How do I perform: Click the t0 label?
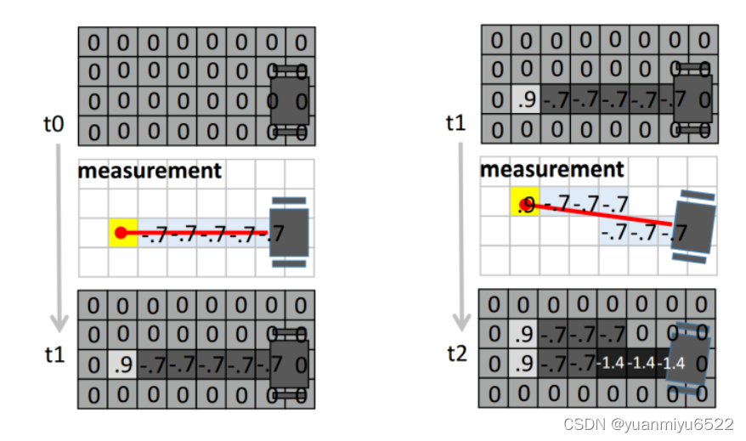[53, 124]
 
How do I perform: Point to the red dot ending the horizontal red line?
[122, 233]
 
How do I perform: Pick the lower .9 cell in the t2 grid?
[524, 364]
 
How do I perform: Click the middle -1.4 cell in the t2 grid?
[642, 364]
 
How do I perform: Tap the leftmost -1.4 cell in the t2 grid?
[613, 364]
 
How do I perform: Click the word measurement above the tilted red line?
[551, 169]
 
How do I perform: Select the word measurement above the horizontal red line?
[150, 171]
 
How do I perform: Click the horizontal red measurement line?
[195, 232]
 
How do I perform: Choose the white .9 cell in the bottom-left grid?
[122, 365]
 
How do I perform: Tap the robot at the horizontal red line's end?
[289, 233]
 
